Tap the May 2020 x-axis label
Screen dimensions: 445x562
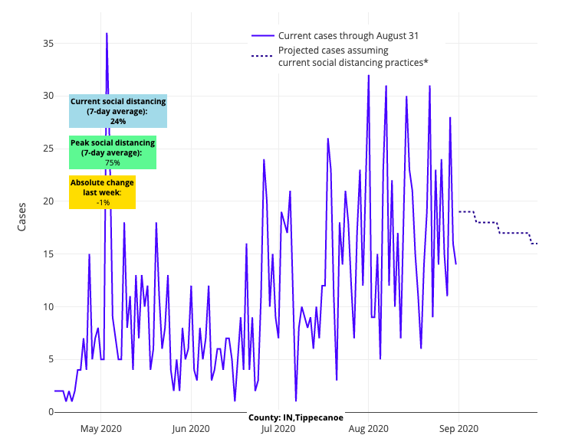click(101, 428)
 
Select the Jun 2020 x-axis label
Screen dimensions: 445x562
click(190, 428)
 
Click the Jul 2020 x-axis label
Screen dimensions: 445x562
click(278, 428)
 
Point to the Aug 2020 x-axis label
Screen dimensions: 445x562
click(368, 428)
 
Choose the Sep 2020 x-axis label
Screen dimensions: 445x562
click(458, 428)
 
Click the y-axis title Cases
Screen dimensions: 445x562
click(21, 217)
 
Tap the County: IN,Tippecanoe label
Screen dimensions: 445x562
click(295, 417)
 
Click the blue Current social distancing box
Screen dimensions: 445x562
click(118, 111)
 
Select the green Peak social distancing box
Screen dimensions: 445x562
click(112, 152)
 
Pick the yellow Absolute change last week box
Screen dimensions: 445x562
click(102, 192)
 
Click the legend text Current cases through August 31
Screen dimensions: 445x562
click(348, 35)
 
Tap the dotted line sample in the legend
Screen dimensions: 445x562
click(261, 56)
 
